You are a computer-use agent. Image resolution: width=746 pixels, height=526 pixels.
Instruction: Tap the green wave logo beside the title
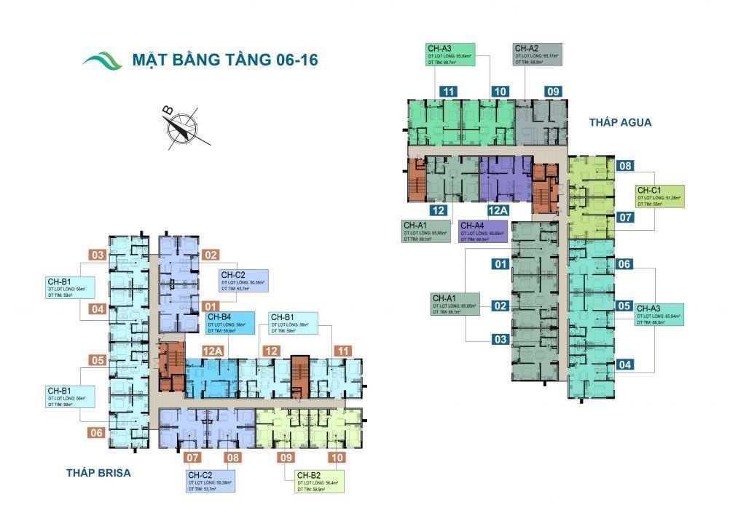coord(102,60)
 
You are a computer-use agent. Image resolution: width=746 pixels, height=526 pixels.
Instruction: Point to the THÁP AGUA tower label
coord(620,122)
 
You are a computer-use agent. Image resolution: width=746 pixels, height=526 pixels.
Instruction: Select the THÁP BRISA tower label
coord(98,473)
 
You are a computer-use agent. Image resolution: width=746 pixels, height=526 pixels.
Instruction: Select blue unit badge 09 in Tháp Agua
coord(553,92)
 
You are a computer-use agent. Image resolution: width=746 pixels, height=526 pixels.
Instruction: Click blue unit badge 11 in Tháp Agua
coord(449,92)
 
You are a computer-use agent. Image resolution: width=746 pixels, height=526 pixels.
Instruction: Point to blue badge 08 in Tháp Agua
coord(625,166)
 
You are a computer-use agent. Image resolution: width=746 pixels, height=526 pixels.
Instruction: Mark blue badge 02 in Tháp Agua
coord(500,306)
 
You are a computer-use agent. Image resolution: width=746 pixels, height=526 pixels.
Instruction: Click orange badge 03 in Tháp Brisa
coord(98,255)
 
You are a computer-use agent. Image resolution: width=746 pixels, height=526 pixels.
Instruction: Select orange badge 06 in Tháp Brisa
coord(97,432)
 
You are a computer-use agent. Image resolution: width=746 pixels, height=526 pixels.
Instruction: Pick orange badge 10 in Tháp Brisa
coord(337,458)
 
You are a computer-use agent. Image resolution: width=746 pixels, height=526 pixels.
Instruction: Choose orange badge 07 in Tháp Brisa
coord(192,458)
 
